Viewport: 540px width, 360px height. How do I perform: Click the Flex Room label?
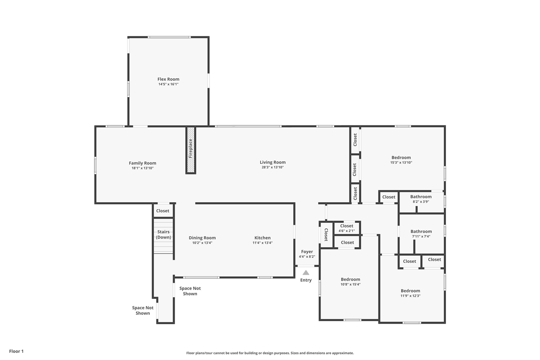(168, 79)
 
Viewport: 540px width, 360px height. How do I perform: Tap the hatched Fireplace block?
(191, 150)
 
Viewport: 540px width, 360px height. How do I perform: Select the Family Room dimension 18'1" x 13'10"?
(143, 168)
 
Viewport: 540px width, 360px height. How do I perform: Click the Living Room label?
(273, 162)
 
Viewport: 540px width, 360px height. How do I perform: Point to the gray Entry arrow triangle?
(306, 273)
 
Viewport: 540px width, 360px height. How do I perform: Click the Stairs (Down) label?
(163, 235)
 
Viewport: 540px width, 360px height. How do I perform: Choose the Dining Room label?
(202, 238)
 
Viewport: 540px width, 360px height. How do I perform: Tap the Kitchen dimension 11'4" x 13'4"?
(262, 243)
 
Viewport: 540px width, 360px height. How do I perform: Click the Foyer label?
(307, 252)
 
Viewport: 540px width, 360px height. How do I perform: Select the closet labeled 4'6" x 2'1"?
(347, 228)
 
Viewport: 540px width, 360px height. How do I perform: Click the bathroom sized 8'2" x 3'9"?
(421, 199)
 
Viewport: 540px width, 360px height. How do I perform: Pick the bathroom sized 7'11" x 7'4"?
(421, 234)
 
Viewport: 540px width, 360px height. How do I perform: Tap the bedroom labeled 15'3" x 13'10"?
(401, 160)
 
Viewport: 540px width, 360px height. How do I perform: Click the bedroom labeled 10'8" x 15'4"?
(350, 282)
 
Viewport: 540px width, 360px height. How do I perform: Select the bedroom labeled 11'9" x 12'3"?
(410, 293)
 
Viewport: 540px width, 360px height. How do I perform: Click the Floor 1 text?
(16, 351)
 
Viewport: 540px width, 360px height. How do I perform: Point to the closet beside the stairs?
(163, 211)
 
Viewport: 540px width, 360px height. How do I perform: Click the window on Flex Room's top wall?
(169, 37)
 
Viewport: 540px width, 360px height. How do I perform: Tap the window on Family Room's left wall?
(95, 165)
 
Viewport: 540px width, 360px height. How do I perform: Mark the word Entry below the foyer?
(306, 280)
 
